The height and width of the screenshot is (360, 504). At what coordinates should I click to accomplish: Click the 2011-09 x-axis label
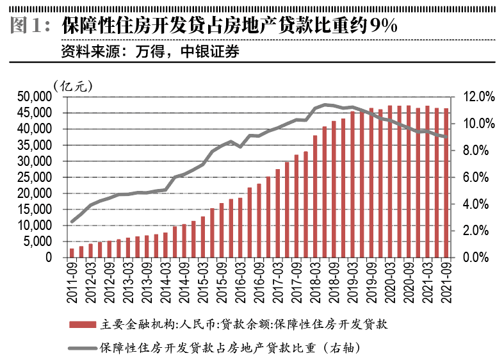coord(72,279)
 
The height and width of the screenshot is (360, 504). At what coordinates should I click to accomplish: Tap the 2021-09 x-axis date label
coord(446,279)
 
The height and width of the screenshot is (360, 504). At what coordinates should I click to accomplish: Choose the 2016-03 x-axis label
coord(240,279)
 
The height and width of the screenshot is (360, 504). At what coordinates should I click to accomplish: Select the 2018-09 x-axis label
coord(334,279)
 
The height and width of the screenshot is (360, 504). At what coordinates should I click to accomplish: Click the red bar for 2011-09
coord(72,253)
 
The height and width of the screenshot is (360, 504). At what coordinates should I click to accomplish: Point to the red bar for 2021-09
coord(446,183)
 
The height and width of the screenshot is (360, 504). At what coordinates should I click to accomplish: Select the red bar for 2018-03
coord(315,197)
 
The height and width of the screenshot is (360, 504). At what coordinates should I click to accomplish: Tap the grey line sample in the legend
coord(81,348)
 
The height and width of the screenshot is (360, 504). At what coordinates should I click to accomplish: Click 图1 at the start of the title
coord(30,26)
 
